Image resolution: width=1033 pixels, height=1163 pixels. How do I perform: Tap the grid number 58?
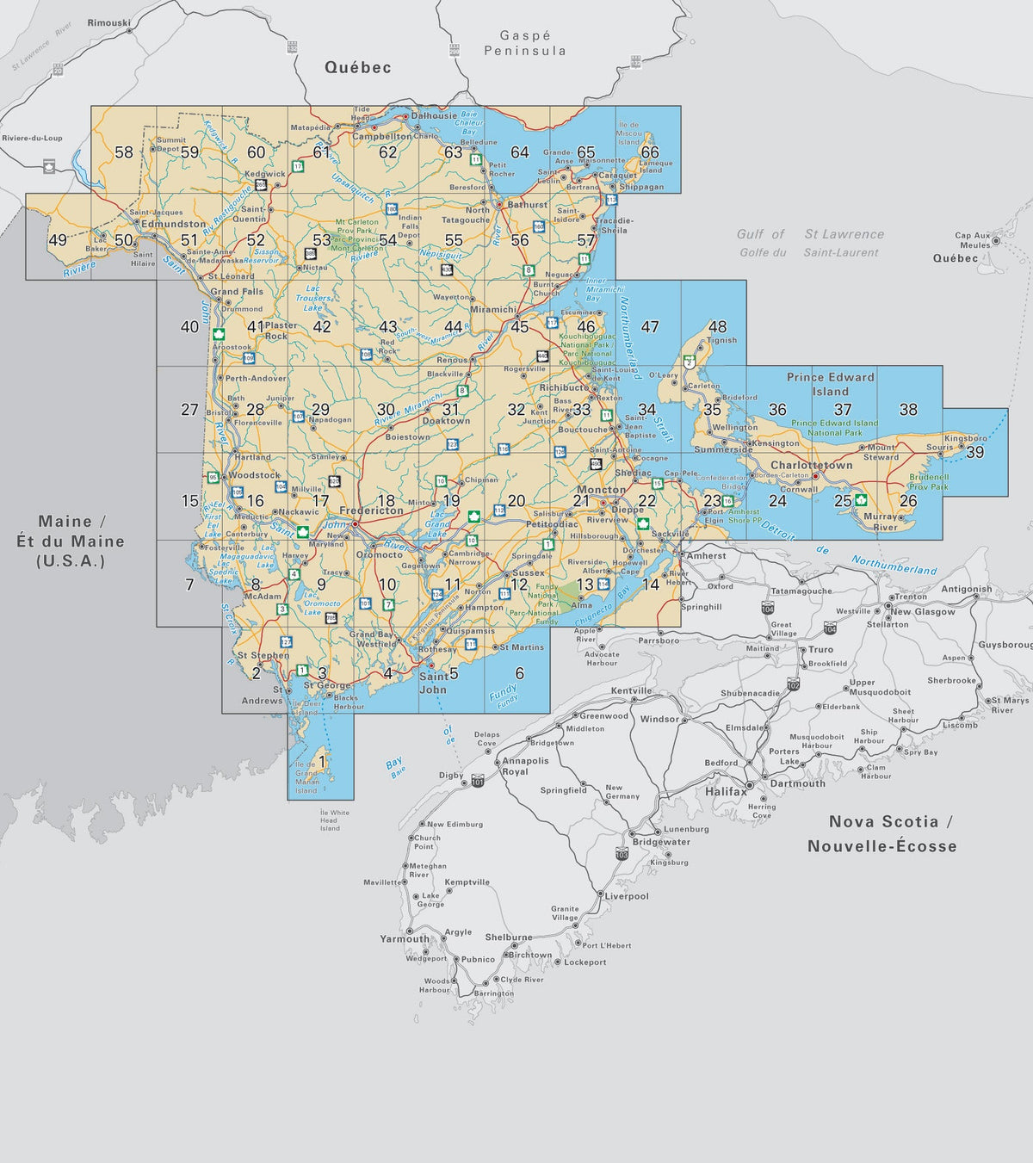click(x=124, y=152)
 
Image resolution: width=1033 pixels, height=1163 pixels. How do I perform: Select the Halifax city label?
click(x=726, y=791)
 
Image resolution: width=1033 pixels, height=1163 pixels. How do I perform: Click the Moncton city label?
click(x=601, y=489)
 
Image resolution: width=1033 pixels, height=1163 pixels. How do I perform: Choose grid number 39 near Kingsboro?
click(x=974, y=452)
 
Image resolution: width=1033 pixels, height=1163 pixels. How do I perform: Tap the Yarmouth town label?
click(x=405, y=938)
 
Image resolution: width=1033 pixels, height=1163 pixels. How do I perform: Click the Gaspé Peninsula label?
click(x=525, y=43)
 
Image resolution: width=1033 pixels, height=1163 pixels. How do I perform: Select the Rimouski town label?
click(x=108, y=22)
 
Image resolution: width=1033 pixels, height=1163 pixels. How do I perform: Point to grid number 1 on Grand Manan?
click(x=322, y=761)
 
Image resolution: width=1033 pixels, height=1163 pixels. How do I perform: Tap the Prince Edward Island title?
click(x=830, y=384)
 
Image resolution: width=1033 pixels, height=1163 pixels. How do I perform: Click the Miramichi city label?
click(x=493, y=309)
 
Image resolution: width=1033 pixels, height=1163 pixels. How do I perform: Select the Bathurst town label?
click(x=527, y=205)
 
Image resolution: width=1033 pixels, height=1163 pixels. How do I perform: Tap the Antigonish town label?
click(x=966, y=590)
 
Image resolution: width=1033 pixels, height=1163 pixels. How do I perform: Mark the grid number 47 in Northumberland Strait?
click(x=650, y=327)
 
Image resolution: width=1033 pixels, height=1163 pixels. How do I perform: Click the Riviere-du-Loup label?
click(x=32, y=138)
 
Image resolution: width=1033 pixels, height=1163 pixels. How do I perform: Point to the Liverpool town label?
click(x=626, y=896)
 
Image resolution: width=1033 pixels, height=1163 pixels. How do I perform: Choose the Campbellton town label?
click(x=382, y=136)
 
